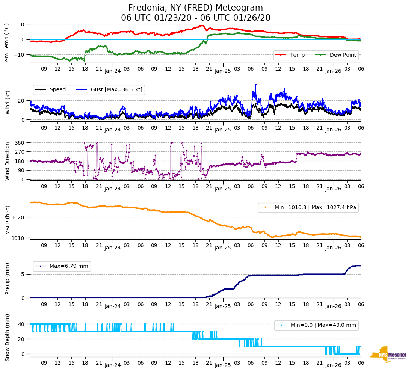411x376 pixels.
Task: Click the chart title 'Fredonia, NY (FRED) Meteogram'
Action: coord(195,8)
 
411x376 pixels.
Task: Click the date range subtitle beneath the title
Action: coord(195,18)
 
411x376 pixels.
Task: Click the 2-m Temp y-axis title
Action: coord(6,43)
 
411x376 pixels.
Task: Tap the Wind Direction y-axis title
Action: coord(8,161)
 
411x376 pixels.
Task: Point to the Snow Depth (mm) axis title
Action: coord(8,338)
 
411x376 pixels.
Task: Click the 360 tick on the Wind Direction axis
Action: coord(20,143)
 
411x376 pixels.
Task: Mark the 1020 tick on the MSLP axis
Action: coord(18,217)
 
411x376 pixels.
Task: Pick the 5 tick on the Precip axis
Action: coord(23,275)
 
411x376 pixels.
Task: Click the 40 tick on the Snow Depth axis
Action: coord(21,324)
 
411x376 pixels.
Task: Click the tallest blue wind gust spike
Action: coord(256,85)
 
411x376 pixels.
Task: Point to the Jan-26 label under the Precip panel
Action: coord(333,307)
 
